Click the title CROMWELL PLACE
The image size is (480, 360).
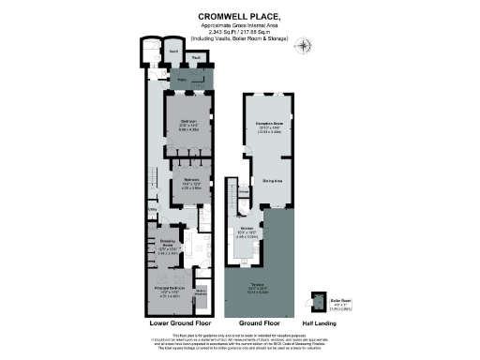click(x=239, y=16)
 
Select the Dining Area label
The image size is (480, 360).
click(x=273, y=180)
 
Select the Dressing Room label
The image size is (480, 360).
click(x=166, y=247)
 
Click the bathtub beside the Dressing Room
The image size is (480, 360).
click(x=187, y=249)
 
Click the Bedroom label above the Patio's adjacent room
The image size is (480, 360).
click(x=188, y=123)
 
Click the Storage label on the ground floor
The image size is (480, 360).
click(x=243, y=193)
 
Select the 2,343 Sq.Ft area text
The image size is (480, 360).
click(x=239, y=32)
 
